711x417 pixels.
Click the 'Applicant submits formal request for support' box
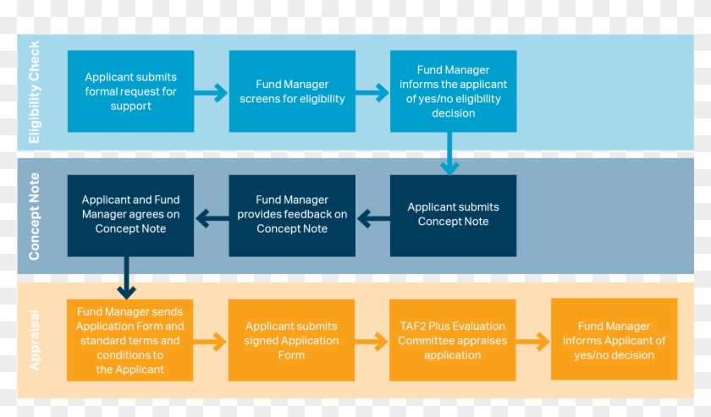[130, 91]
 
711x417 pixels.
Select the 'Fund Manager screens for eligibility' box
[292, 91]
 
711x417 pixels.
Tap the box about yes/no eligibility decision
[453, 91]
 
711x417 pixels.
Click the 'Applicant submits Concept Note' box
[453, 215]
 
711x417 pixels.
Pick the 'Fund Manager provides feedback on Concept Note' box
[292, 215]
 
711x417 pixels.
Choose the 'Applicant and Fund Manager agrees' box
[130, 215]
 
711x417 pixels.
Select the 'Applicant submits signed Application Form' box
[291, 341]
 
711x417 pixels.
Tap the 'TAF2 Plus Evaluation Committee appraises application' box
[452, 341]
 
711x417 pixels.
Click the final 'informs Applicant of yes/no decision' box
[614, 341]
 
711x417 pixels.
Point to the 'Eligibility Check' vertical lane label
[35, 91]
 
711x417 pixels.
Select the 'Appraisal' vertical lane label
[35, 340]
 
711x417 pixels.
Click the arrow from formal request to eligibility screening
[212, 91]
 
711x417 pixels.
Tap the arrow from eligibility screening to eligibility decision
[372, 91]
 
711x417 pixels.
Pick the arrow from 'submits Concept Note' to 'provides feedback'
[373, 219]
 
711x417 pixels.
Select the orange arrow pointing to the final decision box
[533, 342]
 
